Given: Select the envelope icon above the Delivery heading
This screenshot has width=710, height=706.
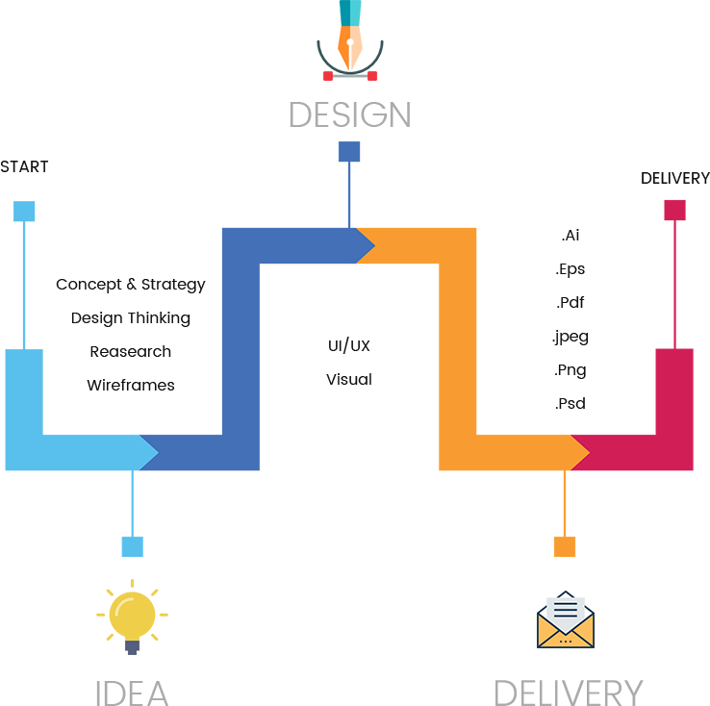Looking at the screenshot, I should tap(566, 619).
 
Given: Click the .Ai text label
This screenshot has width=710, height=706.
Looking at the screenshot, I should tap(571, 236).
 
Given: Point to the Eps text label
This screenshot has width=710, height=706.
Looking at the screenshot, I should tap(571, 268).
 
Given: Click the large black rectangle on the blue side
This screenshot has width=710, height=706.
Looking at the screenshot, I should tap(133, 340).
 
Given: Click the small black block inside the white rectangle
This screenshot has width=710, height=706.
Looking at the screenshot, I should tap(362, 362).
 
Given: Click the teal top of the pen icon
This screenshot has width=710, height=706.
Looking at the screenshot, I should tap(350, 11).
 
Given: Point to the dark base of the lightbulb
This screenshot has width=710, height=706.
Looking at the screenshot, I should tap(132, 647).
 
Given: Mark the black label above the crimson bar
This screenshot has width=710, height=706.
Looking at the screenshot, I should tap(674, 178).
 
